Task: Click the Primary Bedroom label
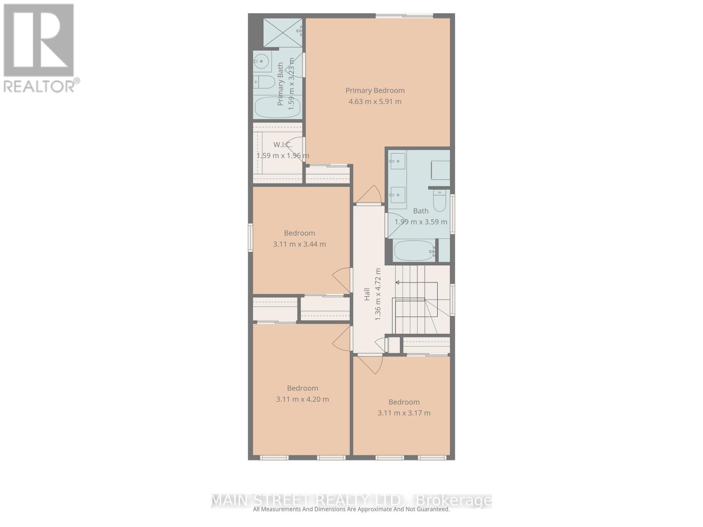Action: tap(375, 90)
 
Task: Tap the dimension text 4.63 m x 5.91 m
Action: tap(375, 101)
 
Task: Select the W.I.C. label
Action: tap(283, 144)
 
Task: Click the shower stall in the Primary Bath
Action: tap(283, 33)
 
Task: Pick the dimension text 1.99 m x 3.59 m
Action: tap(420, 222)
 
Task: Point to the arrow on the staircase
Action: tap(398, 282)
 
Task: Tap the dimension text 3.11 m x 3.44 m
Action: tap(299, 244)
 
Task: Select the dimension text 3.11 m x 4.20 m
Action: tap(302, 399)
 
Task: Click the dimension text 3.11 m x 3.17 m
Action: tap(404, 413)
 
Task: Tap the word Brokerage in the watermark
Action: tap(453, 500)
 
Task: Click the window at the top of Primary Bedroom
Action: tap(404, 16)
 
